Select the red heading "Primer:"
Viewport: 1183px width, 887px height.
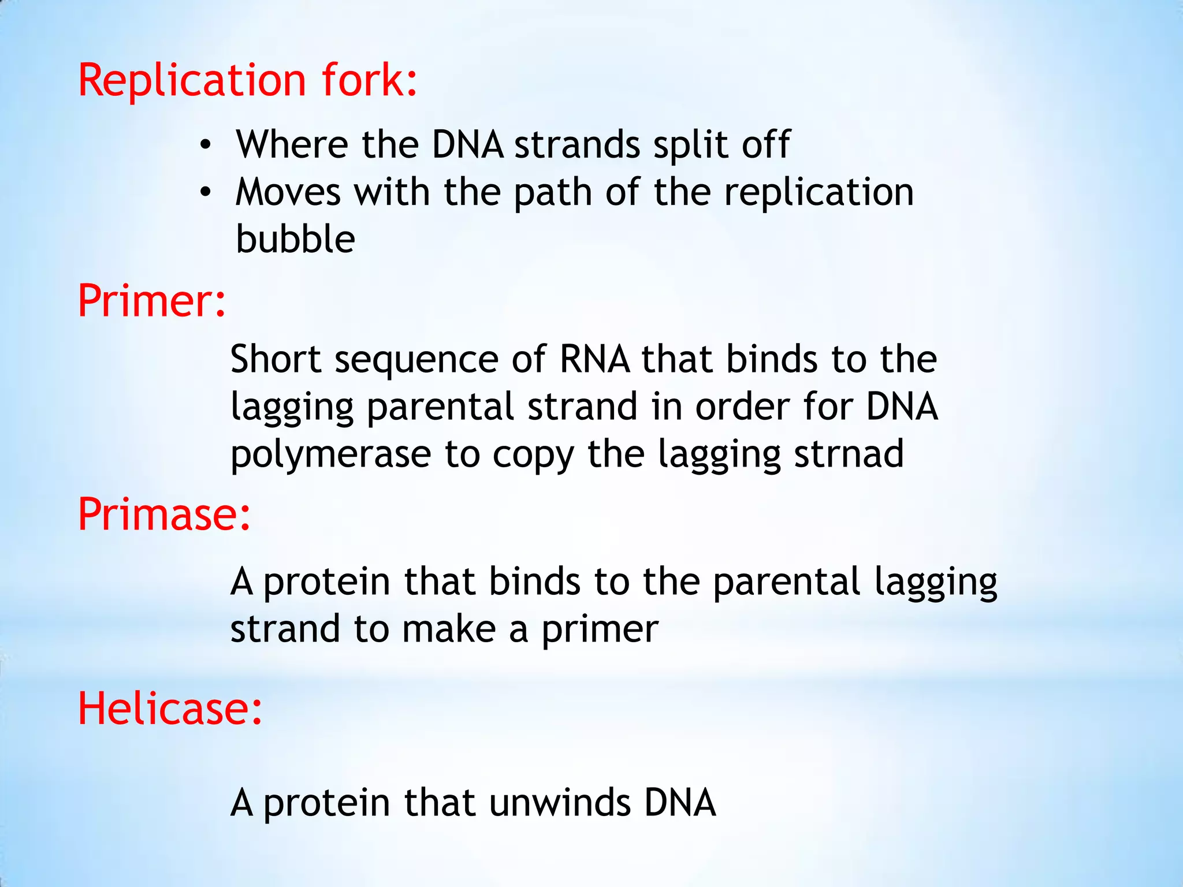pos(151,301)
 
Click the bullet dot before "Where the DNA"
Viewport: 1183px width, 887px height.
pos(205,145)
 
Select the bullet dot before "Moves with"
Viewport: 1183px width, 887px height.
pos(205,193)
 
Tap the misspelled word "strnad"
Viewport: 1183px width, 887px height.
pos(849,454)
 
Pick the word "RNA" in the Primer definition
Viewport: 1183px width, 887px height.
pos(594,359)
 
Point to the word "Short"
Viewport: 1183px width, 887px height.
pos(276,359)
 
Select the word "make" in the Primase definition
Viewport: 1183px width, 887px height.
pos(449,629)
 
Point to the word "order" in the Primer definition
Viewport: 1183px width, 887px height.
pos(742,407)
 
